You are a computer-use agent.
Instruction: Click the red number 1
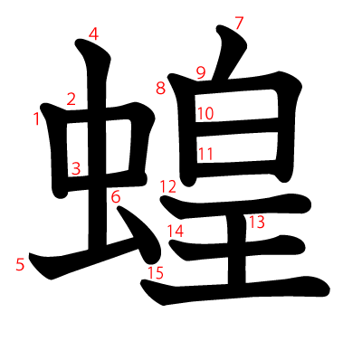click(37, 118)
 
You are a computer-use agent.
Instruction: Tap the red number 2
click(71, 99)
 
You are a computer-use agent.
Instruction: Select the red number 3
click(76, 168)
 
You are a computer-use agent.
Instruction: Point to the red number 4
click(93, 35)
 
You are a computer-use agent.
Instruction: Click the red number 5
click(20, 265)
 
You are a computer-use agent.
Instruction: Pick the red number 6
click(115, 196)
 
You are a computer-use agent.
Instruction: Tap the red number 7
click(239, 24)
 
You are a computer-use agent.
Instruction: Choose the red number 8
click(160, 88)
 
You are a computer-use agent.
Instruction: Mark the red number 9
click(201, 72)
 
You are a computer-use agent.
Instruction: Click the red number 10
click(205, 114)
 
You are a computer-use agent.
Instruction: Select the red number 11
click(205, 154)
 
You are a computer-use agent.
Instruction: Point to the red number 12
click(168, 186)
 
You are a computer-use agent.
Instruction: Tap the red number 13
click(256, 222)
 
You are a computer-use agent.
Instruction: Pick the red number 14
click(175, 231)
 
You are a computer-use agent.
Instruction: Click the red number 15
click(156, 272)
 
